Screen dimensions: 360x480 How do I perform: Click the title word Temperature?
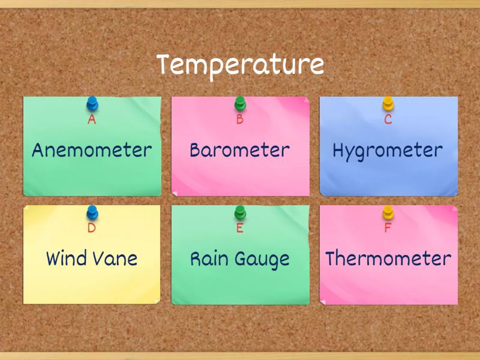[x=240, y=65]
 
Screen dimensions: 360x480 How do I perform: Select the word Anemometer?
[x=92, y=150]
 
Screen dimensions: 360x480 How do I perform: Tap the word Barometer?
[x=240, y=150]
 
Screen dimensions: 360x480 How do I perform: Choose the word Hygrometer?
[x=388, y=150]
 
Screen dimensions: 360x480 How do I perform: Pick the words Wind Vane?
[x=92, y=259]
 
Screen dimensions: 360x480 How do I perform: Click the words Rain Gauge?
[x=240, y=259]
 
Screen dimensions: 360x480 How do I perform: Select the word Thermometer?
[x=388, y=259]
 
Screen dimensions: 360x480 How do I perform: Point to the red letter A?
[x=92, y=119]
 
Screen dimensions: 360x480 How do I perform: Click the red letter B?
[x=240, y=119]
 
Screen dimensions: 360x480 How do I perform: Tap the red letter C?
[x=388, y=119]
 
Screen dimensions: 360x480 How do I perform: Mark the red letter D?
[x=92, y=228]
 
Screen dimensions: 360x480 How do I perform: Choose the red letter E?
[x=240, y=228]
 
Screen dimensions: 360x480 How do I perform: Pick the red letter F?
[x=388, y=228]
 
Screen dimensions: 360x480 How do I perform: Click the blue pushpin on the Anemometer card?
[x=92, y=104]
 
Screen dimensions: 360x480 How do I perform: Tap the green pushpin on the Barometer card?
[x=240, y=104]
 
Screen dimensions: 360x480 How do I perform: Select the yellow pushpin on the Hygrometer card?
[x=388, y=104]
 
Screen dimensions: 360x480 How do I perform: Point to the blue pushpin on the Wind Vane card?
[x=92, y=212]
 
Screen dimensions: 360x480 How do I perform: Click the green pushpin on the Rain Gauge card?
[x=240, y=212]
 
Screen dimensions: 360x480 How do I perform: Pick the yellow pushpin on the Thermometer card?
[x=388, y=212]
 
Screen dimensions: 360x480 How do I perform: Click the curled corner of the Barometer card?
[x=175, y=193]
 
